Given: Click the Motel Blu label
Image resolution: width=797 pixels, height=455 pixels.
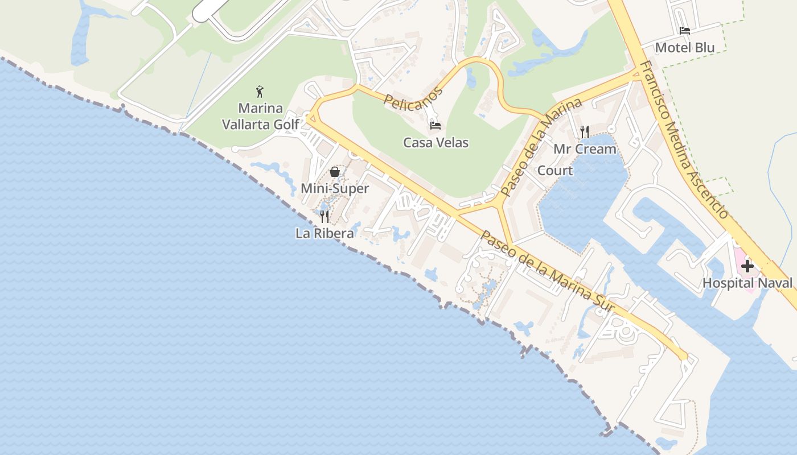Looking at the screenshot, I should click(684, 47).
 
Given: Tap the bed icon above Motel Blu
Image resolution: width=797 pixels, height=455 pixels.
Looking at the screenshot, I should click(684, 31).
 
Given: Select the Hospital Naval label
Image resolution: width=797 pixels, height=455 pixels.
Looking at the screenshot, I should click(747, 283).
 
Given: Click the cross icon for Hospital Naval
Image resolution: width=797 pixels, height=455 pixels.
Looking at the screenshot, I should click(747, 266).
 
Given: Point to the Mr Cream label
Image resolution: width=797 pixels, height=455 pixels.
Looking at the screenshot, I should click(585, 149).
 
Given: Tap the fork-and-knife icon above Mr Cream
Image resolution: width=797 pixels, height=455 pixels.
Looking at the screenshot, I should click(585, 132).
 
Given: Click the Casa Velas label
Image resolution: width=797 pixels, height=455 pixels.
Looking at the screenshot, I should click(436, 142).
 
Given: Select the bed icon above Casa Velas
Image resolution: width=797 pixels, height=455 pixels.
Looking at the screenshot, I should click(436, 125).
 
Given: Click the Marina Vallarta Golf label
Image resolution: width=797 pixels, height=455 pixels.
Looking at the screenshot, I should click(260, 116).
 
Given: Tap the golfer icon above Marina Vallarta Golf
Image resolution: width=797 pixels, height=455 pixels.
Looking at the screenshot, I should click(260, 91).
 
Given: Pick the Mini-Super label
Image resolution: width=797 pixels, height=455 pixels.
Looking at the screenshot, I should click(335, 188).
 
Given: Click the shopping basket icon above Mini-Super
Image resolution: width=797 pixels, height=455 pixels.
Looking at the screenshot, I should click(335, 172).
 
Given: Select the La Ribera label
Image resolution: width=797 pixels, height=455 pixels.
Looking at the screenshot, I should click(324, 233).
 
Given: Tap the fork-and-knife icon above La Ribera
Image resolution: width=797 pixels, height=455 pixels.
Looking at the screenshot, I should click(324, 216).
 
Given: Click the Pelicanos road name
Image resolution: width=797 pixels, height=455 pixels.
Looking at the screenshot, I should click(413, 98).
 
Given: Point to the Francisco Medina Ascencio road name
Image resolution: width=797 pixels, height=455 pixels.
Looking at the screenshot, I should click(683, 139).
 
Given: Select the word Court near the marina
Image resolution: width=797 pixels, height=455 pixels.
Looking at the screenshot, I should click(555, 170).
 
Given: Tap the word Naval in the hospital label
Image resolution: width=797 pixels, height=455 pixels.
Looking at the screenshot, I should click(774, 283).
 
